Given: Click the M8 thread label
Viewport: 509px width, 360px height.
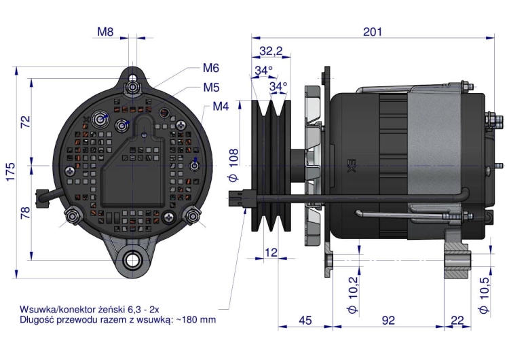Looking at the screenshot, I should [x=105, y=31].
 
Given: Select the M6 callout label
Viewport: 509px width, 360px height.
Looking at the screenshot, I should [x=210, y=68].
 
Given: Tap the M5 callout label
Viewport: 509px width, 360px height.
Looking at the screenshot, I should [x=210, y=87].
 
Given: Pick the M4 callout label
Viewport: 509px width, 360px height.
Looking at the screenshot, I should [x=221, y=107].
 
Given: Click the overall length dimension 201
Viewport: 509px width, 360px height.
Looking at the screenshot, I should [x=373, y=31].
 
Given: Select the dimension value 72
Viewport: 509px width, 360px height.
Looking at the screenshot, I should [x=25, y=122].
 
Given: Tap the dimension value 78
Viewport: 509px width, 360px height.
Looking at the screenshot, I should [x=25, y=213].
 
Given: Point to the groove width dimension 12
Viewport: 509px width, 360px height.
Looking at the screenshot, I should [x=271, y=253].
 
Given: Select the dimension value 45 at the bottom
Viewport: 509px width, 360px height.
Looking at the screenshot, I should [x=305, y=321].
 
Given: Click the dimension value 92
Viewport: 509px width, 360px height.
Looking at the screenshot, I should [x=388, y=321].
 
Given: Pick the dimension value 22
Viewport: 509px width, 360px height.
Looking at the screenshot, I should [x=457, y=321].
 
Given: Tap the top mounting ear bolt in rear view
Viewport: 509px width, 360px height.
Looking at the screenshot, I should [x=133, y=86].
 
